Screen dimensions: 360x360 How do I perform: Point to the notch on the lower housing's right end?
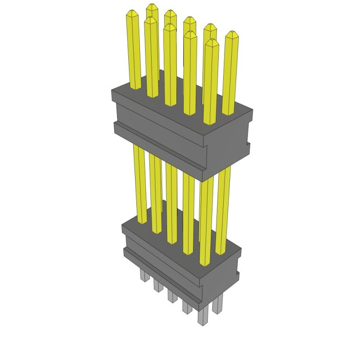237,272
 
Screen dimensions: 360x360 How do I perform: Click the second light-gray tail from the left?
158,284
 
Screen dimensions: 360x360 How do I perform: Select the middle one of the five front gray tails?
172,295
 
